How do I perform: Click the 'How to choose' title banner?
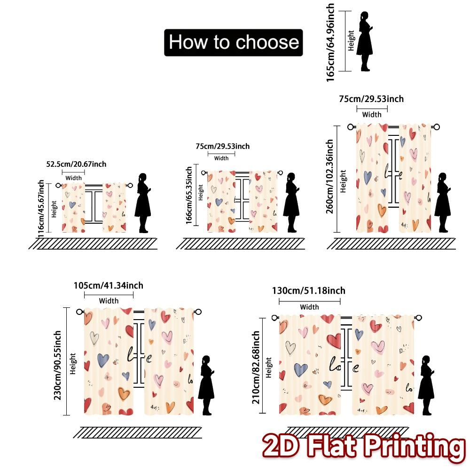click(234, 42)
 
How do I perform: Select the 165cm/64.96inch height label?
click(330, 42)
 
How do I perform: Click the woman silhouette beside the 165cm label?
click(364, 41)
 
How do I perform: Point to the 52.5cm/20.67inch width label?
click(76, 164)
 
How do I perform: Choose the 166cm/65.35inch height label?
click(188, 195)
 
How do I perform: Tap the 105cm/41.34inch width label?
click(109, 285)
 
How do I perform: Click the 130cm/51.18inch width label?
click(309, 290)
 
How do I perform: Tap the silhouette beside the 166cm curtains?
click(291, 203)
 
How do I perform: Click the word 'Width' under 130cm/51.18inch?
click(309, 307)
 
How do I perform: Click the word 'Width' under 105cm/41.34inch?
click(109, 301)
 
